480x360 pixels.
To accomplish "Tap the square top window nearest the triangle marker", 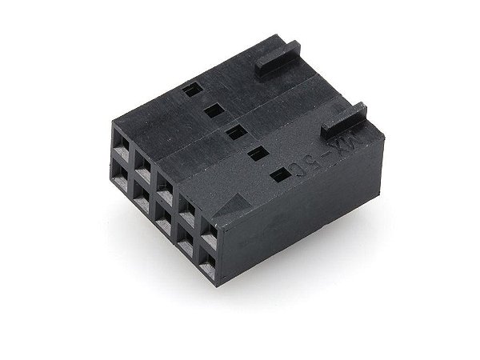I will [277, 175].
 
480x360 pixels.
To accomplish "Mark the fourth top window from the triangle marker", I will [211, 111].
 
